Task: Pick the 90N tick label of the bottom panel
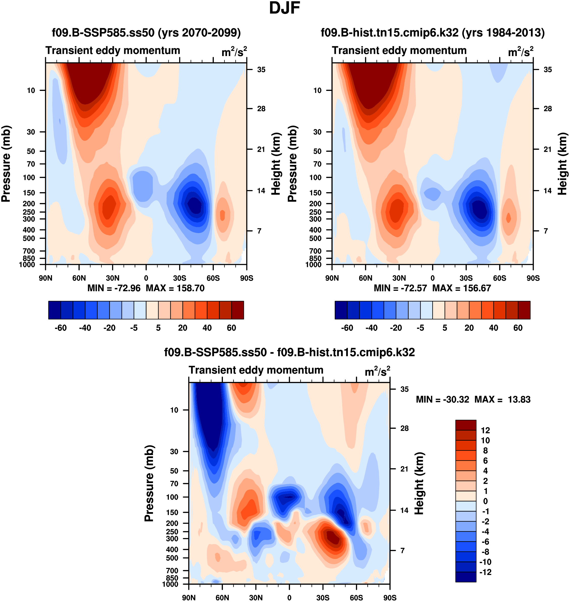[x=189, y=597]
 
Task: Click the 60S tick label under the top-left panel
[x=213, y=278]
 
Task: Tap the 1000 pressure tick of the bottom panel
[x=170, y=584]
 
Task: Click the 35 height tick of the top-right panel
[x=548, y=70]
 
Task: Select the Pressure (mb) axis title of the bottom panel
[x=149, y=483]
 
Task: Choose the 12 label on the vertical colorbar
[x=485, y=430]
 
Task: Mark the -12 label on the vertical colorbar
[x=485, y=572]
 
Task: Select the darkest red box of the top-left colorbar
[x=238, y=310]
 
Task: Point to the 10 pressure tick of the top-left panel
[x=31, y=90]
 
